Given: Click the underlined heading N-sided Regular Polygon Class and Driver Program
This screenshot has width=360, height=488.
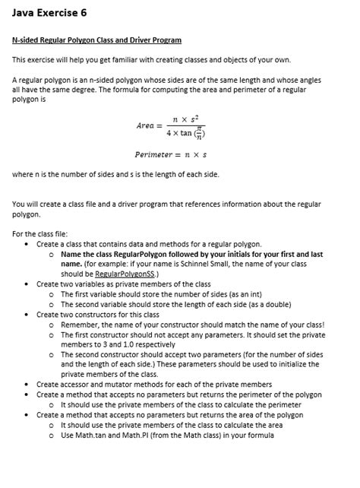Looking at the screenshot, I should pos(97,40).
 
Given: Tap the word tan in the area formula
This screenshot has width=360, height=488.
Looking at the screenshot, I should pos(191,134).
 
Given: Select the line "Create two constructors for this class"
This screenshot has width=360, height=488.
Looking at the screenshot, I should pos(99,312).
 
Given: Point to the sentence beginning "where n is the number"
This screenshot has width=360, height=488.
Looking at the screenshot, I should pos(116,174).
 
